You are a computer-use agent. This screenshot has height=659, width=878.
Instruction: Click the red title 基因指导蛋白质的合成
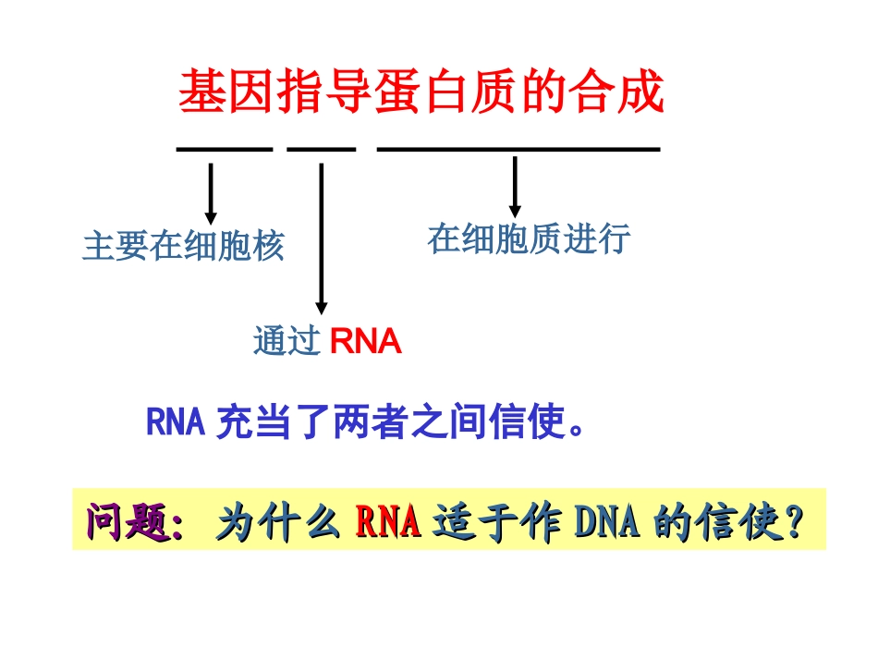click(421, 93)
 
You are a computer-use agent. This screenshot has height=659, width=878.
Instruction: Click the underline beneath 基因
click(225, 148)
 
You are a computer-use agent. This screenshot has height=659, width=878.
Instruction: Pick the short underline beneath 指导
click(321, 148)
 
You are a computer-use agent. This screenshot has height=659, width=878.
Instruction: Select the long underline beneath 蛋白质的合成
click(518, 148)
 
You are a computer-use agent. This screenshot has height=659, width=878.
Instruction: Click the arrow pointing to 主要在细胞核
click(211, 193)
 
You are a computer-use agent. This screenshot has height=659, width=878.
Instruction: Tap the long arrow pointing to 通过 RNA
click(321, 238)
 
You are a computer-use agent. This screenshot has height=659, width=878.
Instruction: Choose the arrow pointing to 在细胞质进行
click(515, 187)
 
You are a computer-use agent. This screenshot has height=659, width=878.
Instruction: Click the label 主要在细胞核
click(183, 247)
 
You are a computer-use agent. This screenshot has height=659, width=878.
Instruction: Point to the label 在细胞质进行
click(529, 238)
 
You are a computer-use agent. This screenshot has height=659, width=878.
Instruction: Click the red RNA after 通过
click(365, 342)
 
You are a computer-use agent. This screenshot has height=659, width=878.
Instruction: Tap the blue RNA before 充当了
click(175, 423)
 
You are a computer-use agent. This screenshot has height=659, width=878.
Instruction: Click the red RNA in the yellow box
click(388, 523)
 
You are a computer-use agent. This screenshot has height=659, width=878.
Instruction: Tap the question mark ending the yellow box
click(793, 523)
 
